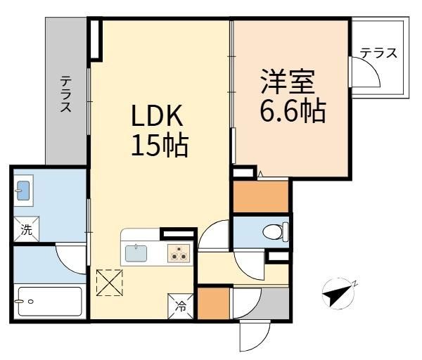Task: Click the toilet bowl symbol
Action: tap(275, 232)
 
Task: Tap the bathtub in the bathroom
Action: tap(50, 302)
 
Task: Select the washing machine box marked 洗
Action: tap(27, 229)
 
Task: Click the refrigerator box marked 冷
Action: tap(181, 306)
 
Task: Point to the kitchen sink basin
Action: tap(136, 253)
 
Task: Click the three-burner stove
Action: tap(179, 253)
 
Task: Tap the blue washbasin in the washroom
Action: tap(23, 191)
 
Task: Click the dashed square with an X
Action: tap(109, 283)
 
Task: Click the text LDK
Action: tap(157, 116)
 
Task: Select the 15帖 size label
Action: tap(160, 146)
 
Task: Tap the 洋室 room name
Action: tap(288, 82)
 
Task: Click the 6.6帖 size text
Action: tap(293, 111)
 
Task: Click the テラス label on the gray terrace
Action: tap(66, 94)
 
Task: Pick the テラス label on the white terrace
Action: tap(378, 53)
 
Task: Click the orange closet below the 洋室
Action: tap(260, 196)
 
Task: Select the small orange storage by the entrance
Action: tap(214, 304)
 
